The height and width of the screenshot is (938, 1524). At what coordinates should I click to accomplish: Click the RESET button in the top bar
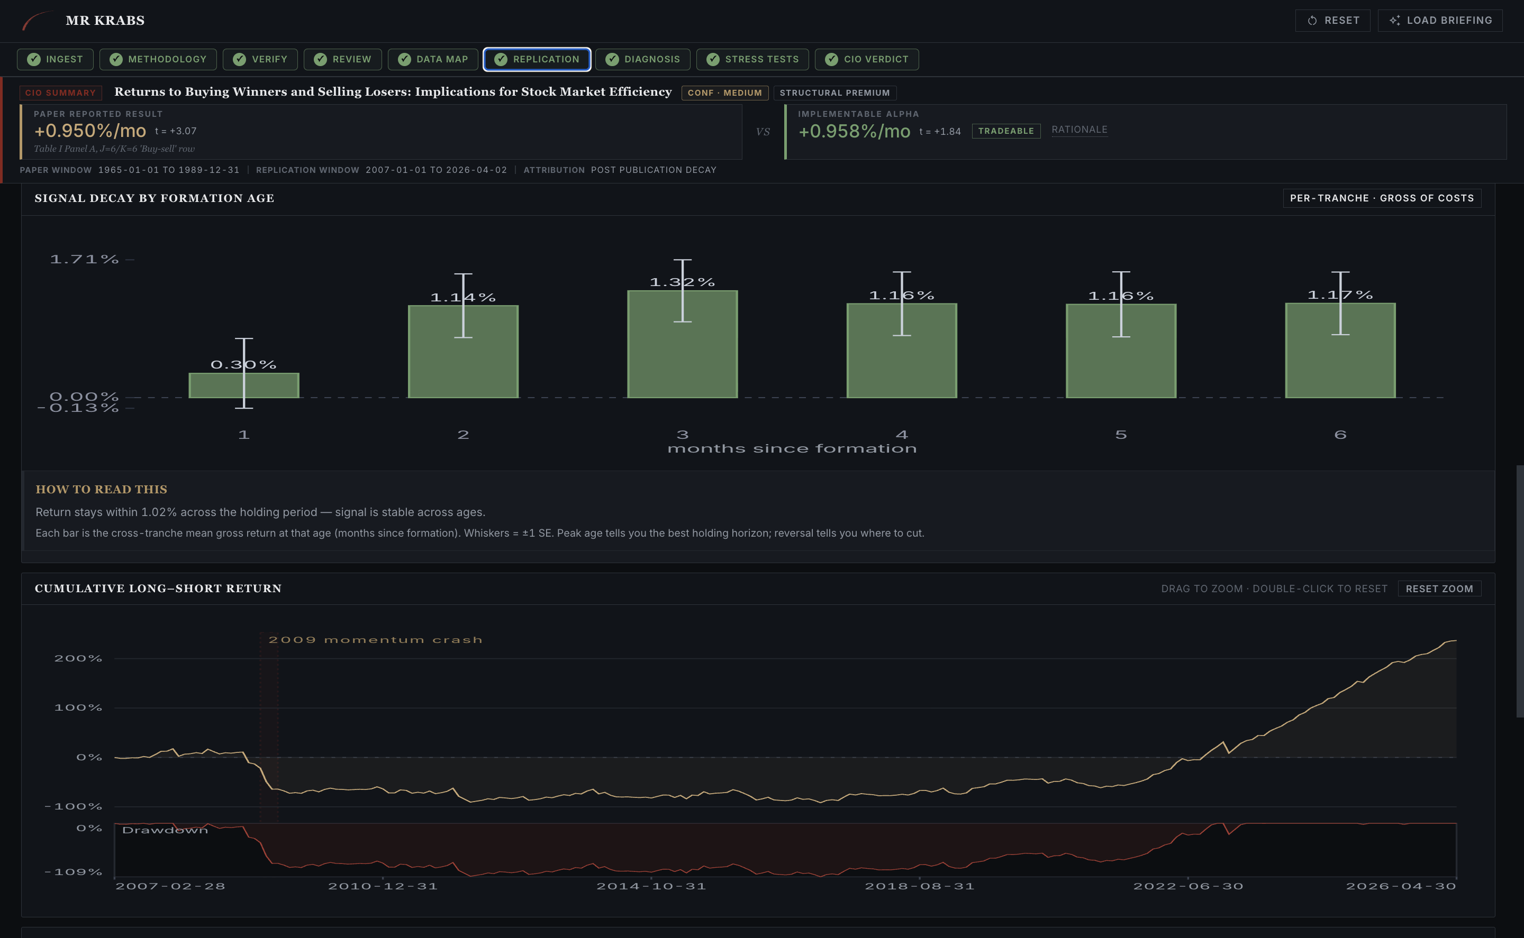click(x=1332, y=21)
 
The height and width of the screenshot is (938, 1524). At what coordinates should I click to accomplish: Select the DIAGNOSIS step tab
click(x=642, y=59)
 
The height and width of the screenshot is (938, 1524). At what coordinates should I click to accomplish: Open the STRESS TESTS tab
click(x=752, y=59)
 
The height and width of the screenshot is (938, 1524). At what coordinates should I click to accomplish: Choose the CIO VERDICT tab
click(x=867, y=59)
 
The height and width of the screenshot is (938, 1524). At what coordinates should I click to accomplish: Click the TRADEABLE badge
click(x=1005, y=131)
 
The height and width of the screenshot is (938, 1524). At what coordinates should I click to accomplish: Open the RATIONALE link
click(x=1079, y=130)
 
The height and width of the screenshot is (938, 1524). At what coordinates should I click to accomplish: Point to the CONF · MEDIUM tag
click(x=724, y=93)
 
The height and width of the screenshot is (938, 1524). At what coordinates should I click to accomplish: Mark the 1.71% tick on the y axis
click(x=85, y=259)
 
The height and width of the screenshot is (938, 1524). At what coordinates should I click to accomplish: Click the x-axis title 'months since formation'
click(x=792, y=448)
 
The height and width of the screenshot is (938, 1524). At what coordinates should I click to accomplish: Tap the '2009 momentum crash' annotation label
click(x=375, y=640)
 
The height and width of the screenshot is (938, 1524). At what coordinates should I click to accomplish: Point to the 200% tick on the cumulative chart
click(x=78, y=658)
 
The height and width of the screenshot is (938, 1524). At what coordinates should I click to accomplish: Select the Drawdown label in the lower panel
click(x=165, y=830)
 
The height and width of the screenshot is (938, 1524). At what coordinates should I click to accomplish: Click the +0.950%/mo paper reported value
click(x=90, y=131)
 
